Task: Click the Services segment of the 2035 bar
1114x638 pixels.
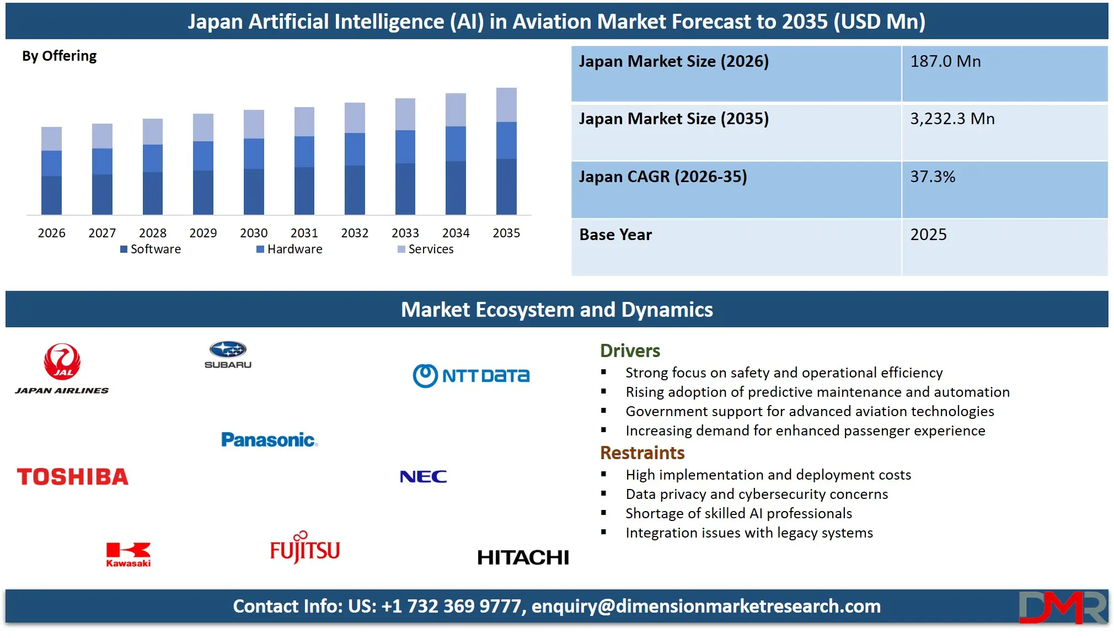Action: (506, 105)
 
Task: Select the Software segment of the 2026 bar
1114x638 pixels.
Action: (51, 195)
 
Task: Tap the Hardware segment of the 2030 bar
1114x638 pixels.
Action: (254, 153)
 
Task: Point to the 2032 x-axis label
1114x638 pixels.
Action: (355, 233)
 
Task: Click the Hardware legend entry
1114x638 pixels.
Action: (290, 249)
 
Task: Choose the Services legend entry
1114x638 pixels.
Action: (426, 249)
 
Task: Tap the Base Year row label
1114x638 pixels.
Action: (615, 235)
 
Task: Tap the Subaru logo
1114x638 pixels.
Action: (228, 354)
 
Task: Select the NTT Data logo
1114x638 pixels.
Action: (471, 376)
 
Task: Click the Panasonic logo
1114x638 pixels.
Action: (269, 440)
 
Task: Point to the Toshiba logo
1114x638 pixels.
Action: (73, 477)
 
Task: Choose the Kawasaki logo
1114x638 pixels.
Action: (128, 554)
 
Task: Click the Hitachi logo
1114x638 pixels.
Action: (523, 557)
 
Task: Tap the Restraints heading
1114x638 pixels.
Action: (642, 453)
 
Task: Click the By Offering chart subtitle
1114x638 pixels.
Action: (60, 56)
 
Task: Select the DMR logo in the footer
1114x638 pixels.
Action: (1062, 607)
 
